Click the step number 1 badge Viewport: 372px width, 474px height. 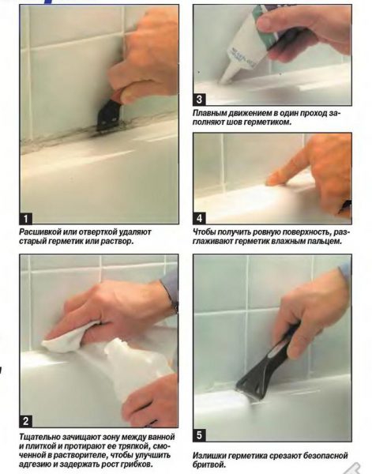26,219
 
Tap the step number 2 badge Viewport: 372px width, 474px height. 26,421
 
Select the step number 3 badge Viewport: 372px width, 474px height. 199,100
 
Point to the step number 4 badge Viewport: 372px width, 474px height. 199,218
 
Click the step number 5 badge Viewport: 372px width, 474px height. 199,434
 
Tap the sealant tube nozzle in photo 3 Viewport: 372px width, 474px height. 229,73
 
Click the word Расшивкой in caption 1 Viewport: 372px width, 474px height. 40,232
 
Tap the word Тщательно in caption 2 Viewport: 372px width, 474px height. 39,437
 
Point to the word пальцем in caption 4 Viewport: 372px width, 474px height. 325,242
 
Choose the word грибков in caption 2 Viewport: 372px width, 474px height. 135,464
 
